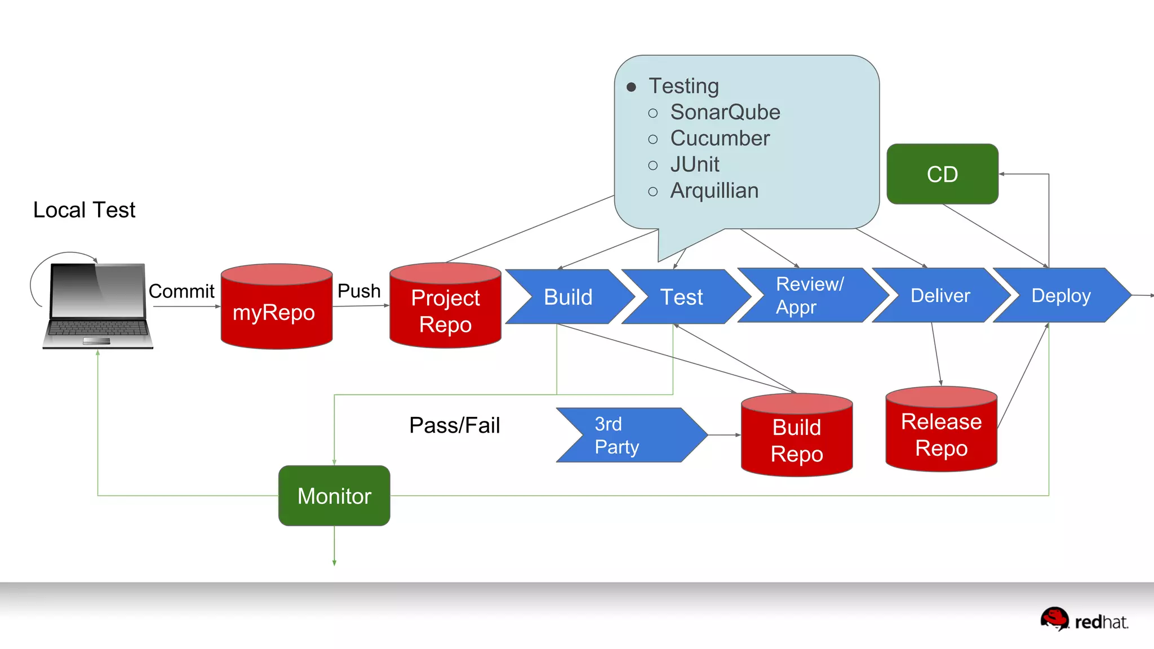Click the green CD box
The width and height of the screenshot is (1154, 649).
(942, 174)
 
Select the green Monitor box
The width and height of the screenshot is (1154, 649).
(334, 496)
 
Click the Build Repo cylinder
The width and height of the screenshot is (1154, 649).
(797, 440)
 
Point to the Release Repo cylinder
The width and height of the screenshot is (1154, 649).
(941, 434)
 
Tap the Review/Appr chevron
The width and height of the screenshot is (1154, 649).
(809, 295)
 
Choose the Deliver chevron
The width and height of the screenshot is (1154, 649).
(940, 295)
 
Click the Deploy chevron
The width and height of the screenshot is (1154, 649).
(1060, 295)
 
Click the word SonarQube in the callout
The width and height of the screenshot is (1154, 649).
(725, 112)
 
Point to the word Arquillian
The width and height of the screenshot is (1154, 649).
(714, 190)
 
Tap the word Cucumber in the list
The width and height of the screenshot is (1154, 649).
(720, 139)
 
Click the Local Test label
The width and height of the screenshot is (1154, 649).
(85, 210)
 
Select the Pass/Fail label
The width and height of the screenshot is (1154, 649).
(454, 425)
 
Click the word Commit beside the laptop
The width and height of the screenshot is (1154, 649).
(181, 291)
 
